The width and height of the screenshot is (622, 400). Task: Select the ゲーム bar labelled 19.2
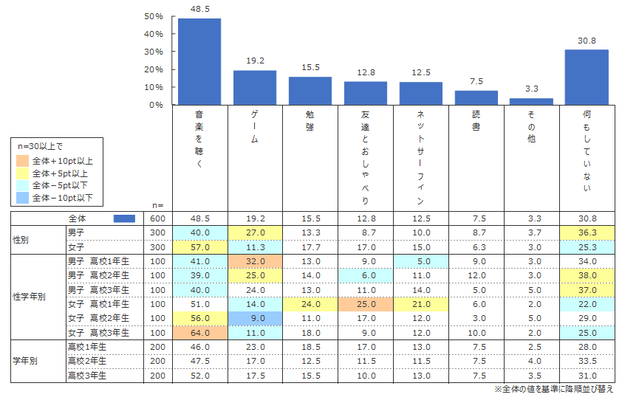[255, 88]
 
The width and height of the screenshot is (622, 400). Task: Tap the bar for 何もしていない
[587, 77]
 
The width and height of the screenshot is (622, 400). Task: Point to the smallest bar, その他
[531, 102]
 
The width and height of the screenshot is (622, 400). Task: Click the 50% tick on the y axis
[154, 16]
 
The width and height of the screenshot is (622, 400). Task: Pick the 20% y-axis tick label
[154, 69]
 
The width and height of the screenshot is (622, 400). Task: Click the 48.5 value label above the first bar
[199, 10]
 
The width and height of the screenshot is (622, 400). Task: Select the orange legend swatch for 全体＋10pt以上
[23, 160]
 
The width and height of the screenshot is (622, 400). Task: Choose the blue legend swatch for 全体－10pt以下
[23, 198]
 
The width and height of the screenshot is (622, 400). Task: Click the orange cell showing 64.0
[199, 334]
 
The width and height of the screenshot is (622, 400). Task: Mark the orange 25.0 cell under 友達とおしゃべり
[366, 303]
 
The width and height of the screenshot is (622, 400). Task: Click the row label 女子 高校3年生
[98, 334]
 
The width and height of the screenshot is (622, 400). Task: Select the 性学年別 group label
[30, 296]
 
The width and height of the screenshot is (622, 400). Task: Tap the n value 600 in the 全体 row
[157, 218]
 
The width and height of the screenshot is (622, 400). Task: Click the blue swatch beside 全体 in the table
[125, 218]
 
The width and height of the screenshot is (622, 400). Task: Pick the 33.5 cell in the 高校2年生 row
[587, 361]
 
